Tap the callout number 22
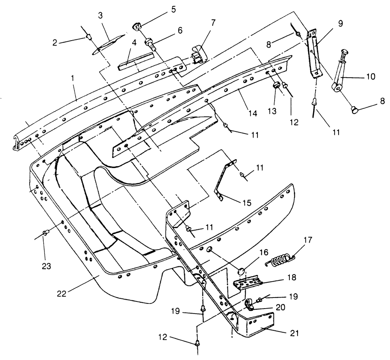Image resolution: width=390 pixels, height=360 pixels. (x=62, y=294)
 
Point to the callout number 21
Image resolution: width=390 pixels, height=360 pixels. (x=294, y=333)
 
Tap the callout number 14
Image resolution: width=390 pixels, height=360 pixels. (x=252, y=113)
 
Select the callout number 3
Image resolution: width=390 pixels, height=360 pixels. (x=100, y=16)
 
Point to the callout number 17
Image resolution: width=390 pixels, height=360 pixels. (x=307, y=240)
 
